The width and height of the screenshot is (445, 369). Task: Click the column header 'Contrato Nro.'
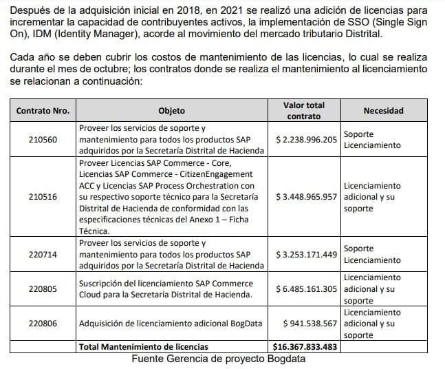coord(43,110)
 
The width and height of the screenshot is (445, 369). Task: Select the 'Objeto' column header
coord(171,110)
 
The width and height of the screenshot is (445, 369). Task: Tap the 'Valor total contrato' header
coord(303,110)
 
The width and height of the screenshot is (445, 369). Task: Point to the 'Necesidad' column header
coord(383,110)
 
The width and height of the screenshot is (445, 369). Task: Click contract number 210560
coord(43,139)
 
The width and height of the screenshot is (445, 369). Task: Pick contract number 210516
coord(43,196)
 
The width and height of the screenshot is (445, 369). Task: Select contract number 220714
coord(43,254)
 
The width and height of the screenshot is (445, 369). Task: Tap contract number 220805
coord(43,288)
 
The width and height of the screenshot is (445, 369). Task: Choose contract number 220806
coord(43,322)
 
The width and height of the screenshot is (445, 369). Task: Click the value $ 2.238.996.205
coord(306,139)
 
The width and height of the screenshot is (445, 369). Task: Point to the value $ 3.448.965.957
coord(306,196)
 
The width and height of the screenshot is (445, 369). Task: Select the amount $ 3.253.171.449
coord(306,254)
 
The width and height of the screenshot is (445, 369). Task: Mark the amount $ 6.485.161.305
coord(306,288)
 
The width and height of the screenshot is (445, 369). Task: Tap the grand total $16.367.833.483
coord(303,346)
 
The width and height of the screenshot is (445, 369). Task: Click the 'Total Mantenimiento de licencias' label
coord(144,346)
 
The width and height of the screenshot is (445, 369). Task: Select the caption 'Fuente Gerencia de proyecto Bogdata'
coord(219,358)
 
